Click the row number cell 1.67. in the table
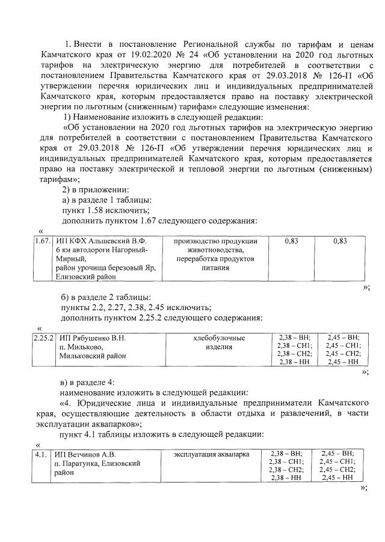[42, 241]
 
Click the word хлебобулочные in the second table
[215, 338]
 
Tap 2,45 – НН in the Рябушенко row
[340, 362]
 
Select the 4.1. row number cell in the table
[41, 454]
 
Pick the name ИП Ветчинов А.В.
[84, 454]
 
